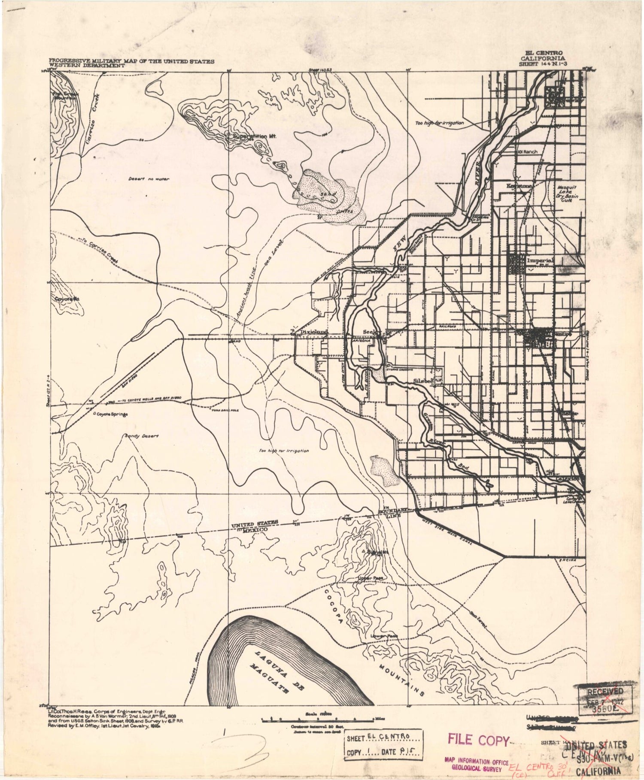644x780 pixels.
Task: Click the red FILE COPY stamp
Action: click(478, 740)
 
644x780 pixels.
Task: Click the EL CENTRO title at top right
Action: click(544, 53)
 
